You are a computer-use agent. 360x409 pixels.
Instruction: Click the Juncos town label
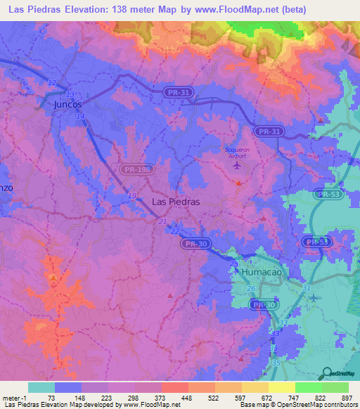pyautogui.click(x=67, y=104)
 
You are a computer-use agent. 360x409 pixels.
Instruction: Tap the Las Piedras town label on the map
pyautogui.click(x=176, y=201)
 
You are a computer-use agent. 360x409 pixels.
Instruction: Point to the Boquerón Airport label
pyautogui.click(x=237, y=152)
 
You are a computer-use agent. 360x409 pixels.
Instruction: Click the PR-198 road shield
pyautogui.click(x=135, y=169)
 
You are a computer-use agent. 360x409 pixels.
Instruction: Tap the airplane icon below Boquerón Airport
pyautogui.click(x=236, y=167)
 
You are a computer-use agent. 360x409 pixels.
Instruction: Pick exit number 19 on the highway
pyautogui.click(x=132, y=195)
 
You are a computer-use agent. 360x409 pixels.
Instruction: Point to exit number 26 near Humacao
pyautogui.click(x=250, y=288)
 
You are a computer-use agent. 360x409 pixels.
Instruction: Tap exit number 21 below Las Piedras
pyautogui.click(x=163, y=222)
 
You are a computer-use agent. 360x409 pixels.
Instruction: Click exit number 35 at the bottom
pyautogui.click(x=276, y=363)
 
